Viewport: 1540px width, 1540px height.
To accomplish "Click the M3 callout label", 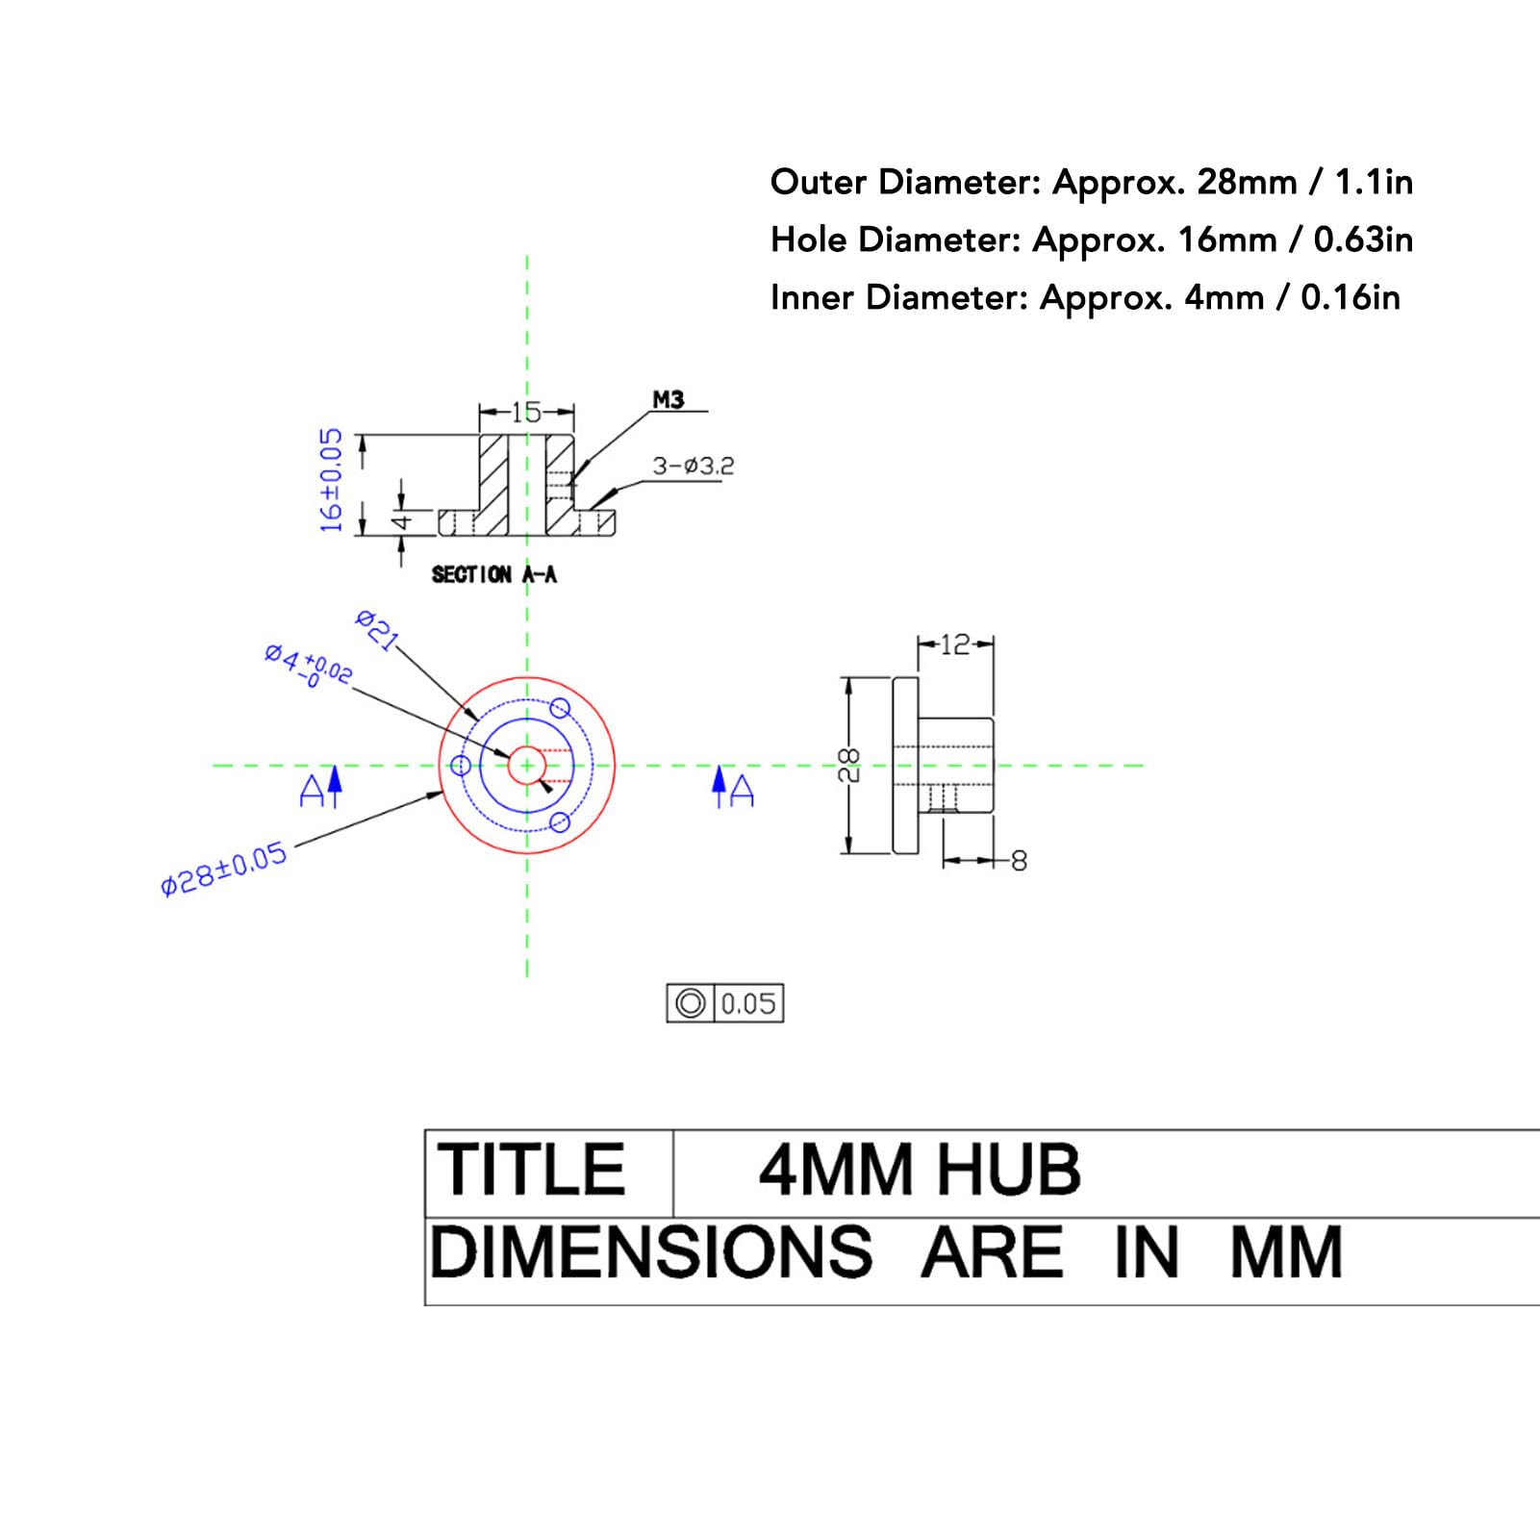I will click(668, 400).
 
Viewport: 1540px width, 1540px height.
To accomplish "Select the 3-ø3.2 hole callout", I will click(693, 467).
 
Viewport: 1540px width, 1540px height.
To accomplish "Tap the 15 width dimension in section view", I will click(526, 413).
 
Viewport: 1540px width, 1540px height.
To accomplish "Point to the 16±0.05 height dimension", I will click(331, 481).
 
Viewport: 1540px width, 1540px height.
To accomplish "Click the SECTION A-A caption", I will click(493, 575).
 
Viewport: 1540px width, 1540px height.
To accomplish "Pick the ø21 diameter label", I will click(377, 631).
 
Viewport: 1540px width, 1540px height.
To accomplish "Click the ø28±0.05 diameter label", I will click(224, 869).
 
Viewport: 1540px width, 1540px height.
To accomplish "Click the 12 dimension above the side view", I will click(954, 645).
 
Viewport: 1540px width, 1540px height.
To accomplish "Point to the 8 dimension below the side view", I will click(1020, 861).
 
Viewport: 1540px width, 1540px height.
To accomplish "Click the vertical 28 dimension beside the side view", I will click(849, 766).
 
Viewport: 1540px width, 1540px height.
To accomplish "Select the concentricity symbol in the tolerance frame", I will click(690, 1003).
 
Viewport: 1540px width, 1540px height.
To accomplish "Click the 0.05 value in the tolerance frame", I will click(748, 1003).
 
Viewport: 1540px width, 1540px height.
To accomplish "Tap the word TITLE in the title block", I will click(532, 1171).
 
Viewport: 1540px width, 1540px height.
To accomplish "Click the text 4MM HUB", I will click(920, 1171).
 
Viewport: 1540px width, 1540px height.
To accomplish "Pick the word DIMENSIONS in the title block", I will click(651, 1253).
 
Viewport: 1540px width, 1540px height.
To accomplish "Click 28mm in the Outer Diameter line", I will click(1247, 182).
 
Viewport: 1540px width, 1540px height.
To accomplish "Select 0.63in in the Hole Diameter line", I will click(1363, 240).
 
